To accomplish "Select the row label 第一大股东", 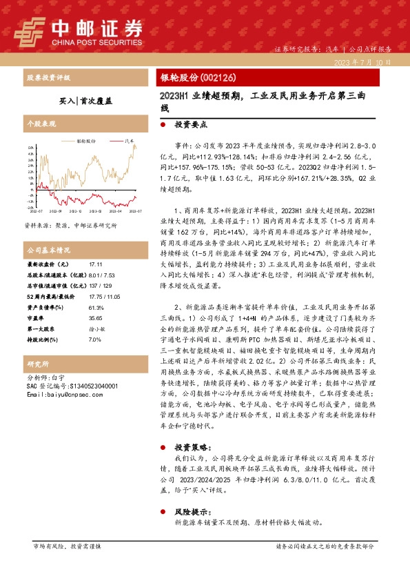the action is (41, 329).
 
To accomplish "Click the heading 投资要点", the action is (191, 126).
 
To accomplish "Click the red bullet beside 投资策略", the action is (163, 446).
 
